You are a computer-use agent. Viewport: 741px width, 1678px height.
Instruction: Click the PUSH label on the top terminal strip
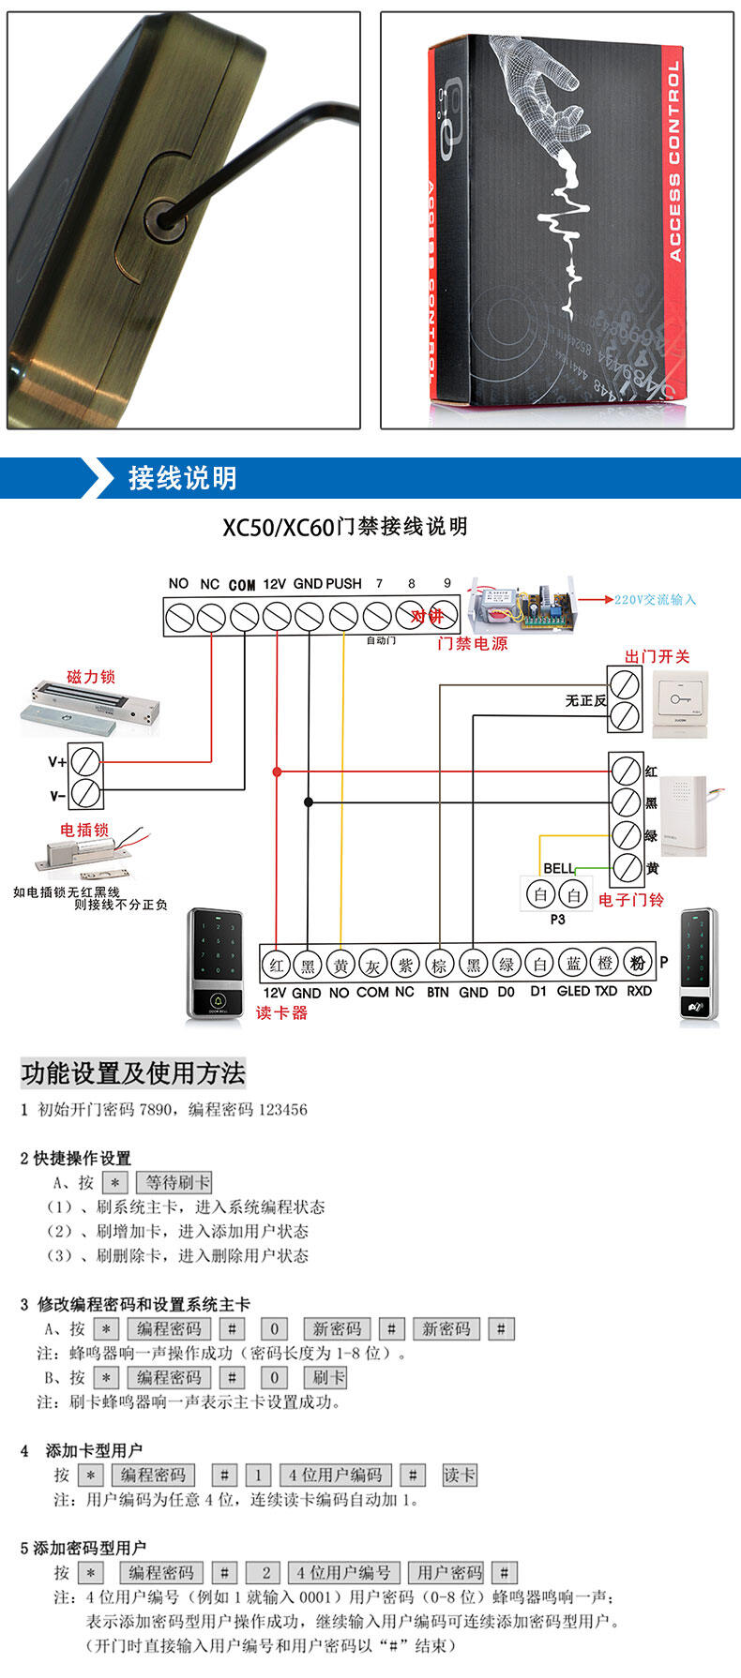tap(343, 583)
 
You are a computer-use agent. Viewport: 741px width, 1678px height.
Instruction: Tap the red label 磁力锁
tap(91, 677)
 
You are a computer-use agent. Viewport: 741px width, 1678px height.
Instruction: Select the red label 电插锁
tap(84, 830)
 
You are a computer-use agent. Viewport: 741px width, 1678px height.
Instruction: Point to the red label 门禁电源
tap(472, 644)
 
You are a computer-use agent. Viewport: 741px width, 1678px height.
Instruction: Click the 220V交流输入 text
tap(655, 600)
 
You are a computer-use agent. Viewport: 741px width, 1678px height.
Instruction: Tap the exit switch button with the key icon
tap(680, 699)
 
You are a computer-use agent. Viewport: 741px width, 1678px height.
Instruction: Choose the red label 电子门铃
tap(630, 900)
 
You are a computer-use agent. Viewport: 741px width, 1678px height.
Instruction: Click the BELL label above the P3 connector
tap(559, 868)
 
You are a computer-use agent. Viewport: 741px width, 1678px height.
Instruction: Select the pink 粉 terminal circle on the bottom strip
tap(638, 963)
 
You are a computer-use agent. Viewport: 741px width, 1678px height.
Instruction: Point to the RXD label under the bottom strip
tap(639, 991)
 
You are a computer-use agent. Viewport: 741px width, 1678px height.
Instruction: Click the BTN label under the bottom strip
tap(438, 992)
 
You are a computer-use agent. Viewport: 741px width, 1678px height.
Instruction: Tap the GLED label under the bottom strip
tap(573, 991)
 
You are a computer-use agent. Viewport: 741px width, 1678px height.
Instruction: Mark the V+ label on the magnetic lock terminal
tap(58, 762)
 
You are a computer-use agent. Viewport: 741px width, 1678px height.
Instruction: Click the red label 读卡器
tap(281, 1012)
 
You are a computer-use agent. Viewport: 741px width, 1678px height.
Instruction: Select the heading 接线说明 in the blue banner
tap(182, 478)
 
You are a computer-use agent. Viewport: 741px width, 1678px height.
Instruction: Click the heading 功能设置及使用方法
tap(132, 1072)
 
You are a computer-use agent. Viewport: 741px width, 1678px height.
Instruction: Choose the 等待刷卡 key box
tap(174, 1182)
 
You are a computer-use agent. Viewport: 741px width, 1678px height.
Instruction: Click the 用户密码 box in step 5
tap(449, 1572)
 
